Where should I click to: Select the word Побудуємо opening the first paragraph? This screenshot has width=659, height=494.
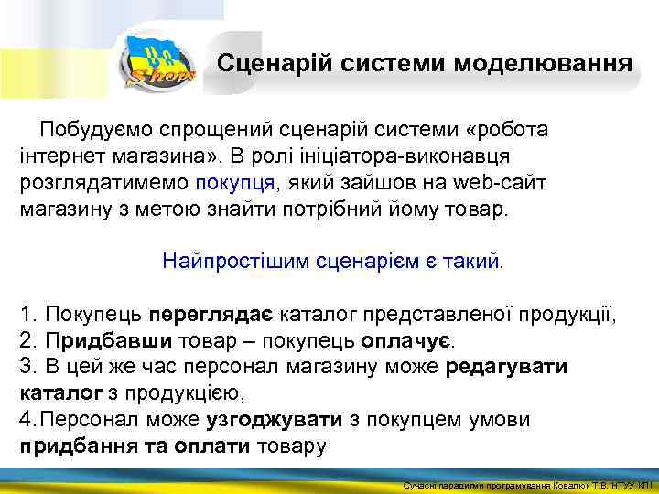coord(94,130)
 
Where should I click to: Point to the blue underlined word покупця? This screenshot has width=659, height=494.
coord(234,182)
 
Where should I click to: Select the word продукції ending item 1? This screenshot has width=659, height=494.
coord(567,316)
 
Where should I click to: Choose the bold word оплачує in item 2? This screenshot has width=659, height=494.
coord(407,341)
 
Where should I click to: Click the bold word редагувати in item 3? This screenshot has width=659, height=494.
coord(507,367)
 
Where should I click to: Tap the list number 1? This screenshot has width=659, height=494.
coord(27,316)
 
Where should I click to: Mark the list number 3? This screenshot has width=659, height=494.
coord(27,367)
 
